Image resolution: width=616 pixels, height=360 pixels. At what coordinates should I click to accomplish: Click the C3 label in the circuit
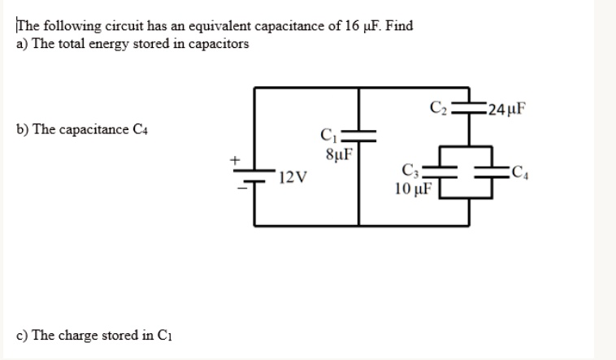[411, 171]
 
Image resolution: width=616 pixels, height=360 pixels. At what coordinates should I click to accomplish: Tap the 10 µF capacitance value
[412, 189]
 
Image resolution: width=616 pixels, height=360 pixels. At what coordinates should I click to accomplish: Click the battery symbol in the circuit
[255, 176]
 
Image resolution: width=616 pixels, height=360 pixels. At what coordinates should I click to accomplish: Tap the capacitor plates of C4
[494, 171]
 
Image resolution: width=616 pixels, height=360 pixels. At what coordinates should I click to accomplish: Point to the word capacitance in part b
[94, 130]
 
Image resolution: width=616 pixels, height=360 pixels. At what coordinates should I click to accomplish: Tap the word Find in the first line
[399, 26]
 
